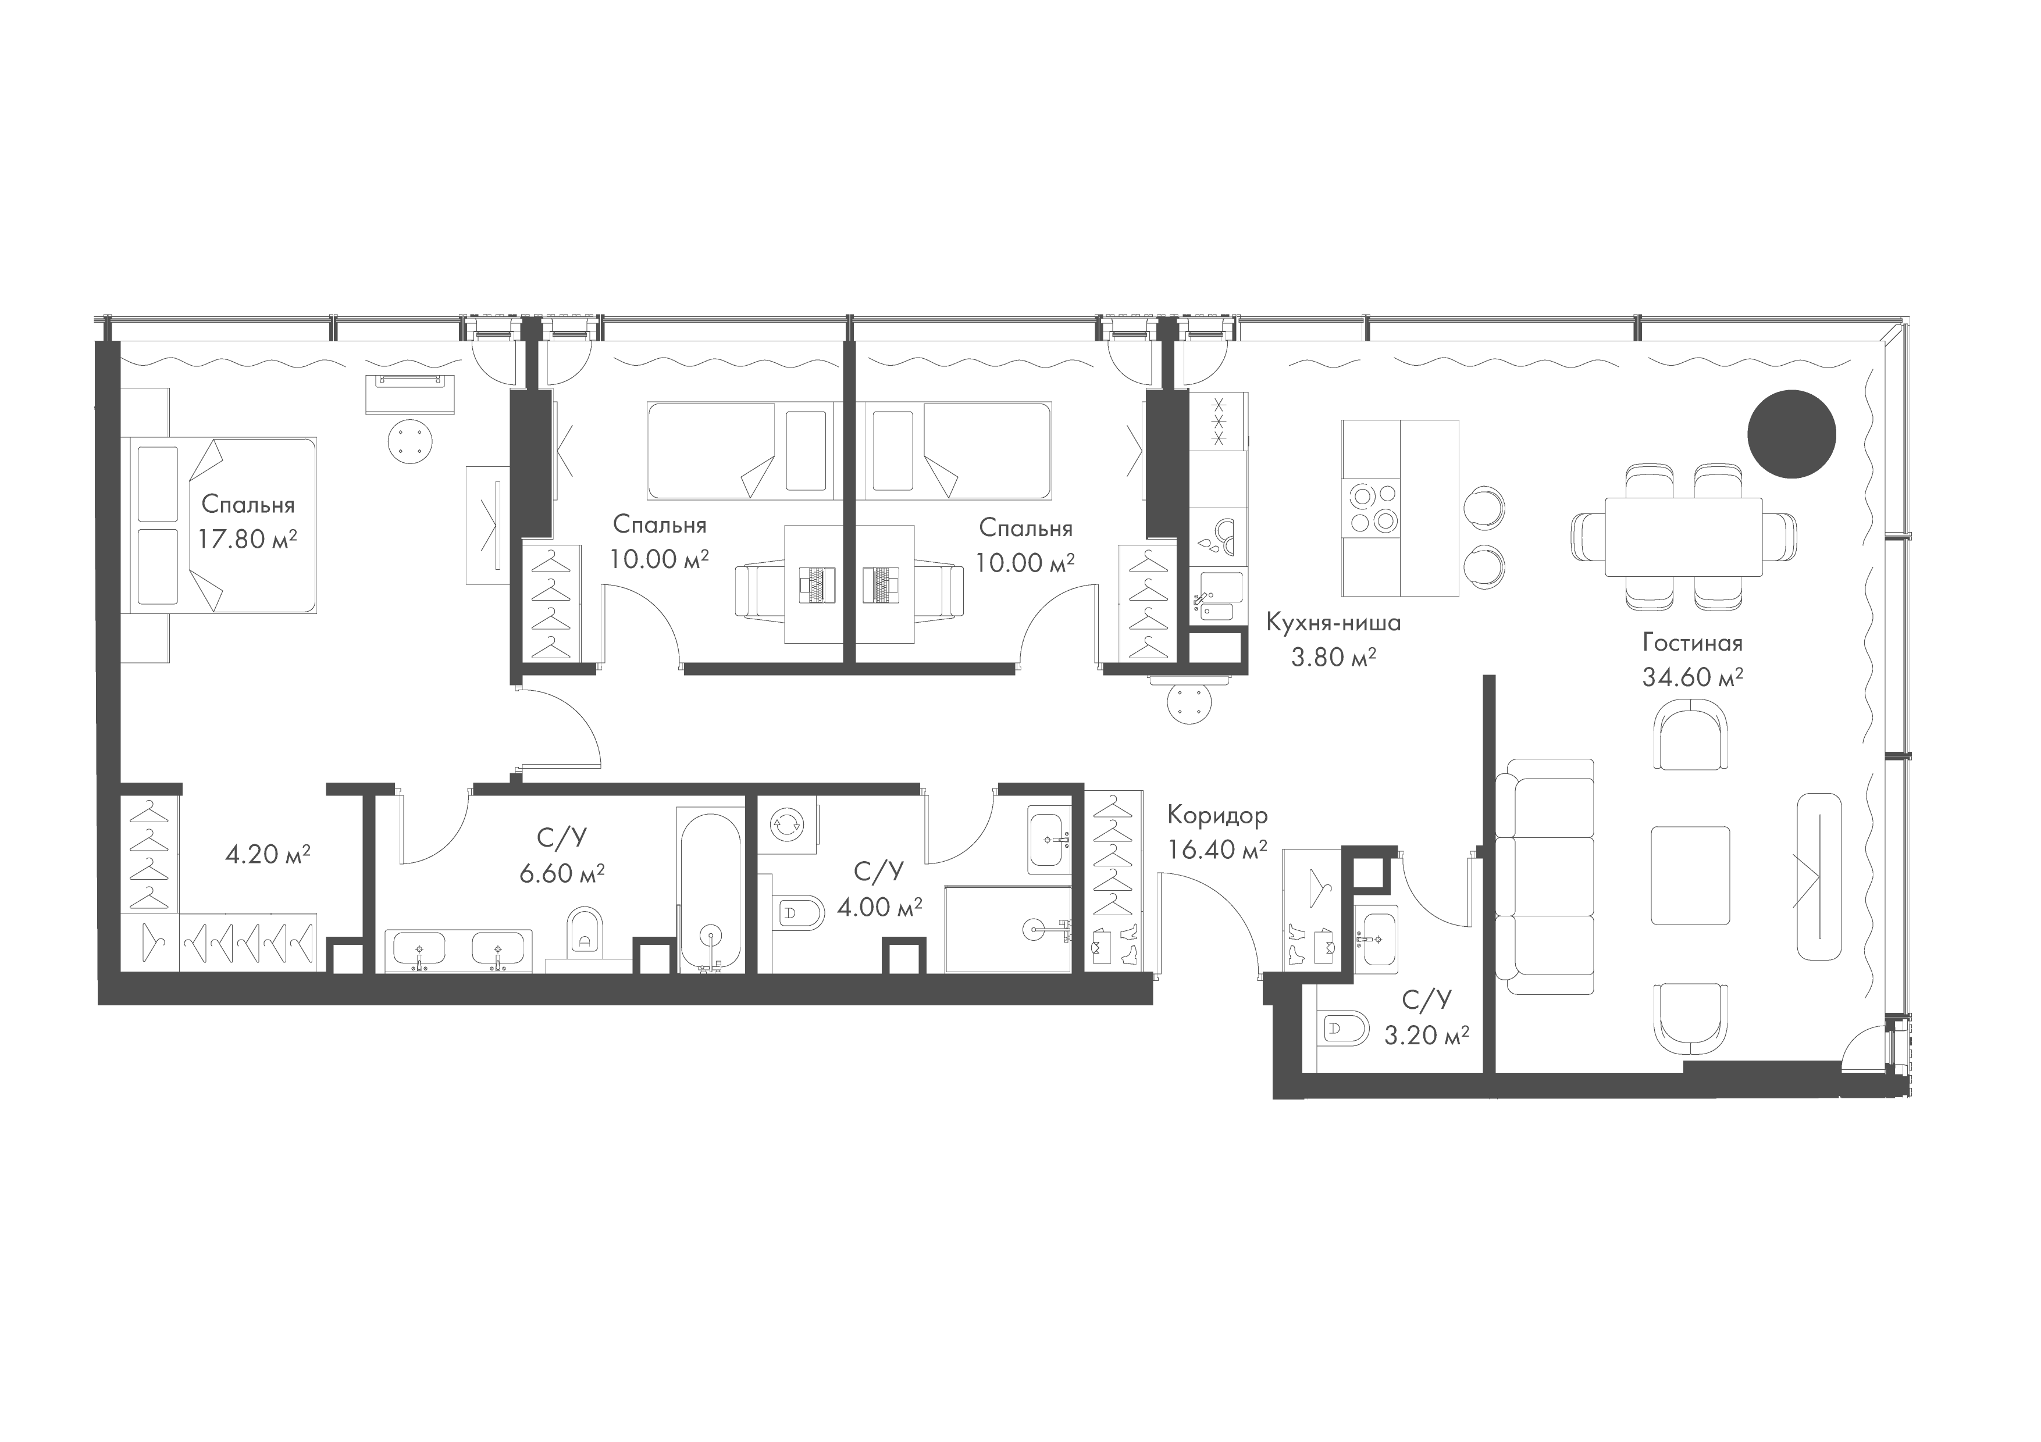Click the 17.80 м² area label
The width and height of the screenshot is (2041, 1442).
[x=247, y=540]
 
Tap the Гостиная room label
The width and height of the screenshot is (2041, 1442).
[x=1691, y=643]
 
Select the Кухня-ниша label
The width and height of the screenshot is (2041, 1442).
[x=1333, y=623]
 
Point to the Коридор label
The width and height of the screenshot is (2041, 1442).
[x=1217, y=815]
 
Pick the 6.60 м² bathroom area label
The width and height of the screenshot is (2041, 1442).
[x=562, y=873]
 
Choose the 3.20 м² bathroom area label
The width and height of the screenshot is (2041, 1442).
[x=1426, y=1035]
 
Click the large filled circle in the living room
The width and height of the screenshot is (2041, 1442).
[x=1791, y=434]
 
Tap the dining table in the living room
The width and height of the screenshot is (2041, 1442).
[x=1683, y=537]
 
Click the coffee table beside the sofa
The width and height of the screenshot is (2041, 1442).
[x=1690, y=875]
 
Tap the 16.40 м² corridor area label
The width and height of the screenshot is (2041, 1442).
[x=1217, y=850]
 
